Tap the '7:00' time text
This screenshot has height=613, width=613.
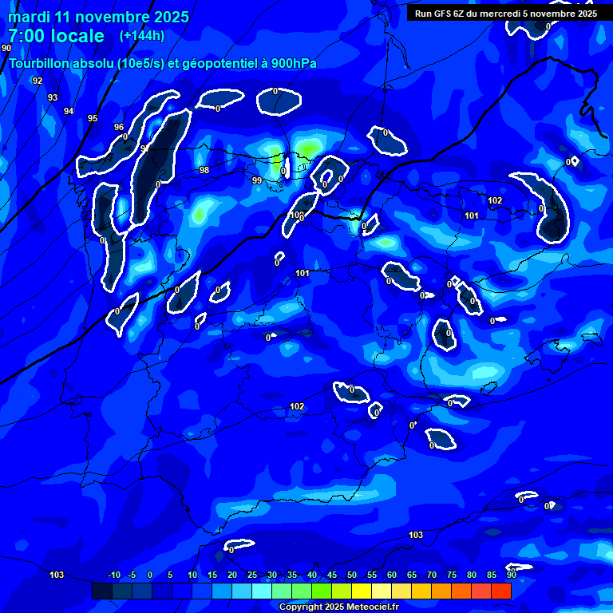pos(29,36)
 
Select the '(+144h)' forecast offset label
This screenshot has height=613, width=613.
pos(142,35)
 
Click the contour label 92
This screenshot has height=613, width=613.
pos(38,81)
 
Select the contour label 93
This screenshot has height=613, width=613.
pos(53,97)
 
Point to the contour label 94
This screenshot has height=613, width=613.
pos(69,111)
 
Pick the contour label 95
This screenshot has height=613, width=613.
pos(93,118)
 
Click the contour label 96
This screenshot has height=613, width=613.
pos(119,127)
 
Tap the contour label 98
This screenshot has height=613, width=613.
pos(204,170)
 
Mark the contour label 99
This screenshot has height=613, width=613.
pos(257,181)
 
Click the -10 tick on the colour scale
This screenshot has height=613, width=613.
pos(114,575)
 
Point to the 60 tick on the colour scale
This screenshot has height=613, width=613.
pos(391,575)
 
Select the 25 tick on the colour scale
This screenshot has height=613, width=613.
pos(251,575)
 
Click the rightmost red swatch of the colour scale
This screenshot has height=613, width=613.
pos(500,591)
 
